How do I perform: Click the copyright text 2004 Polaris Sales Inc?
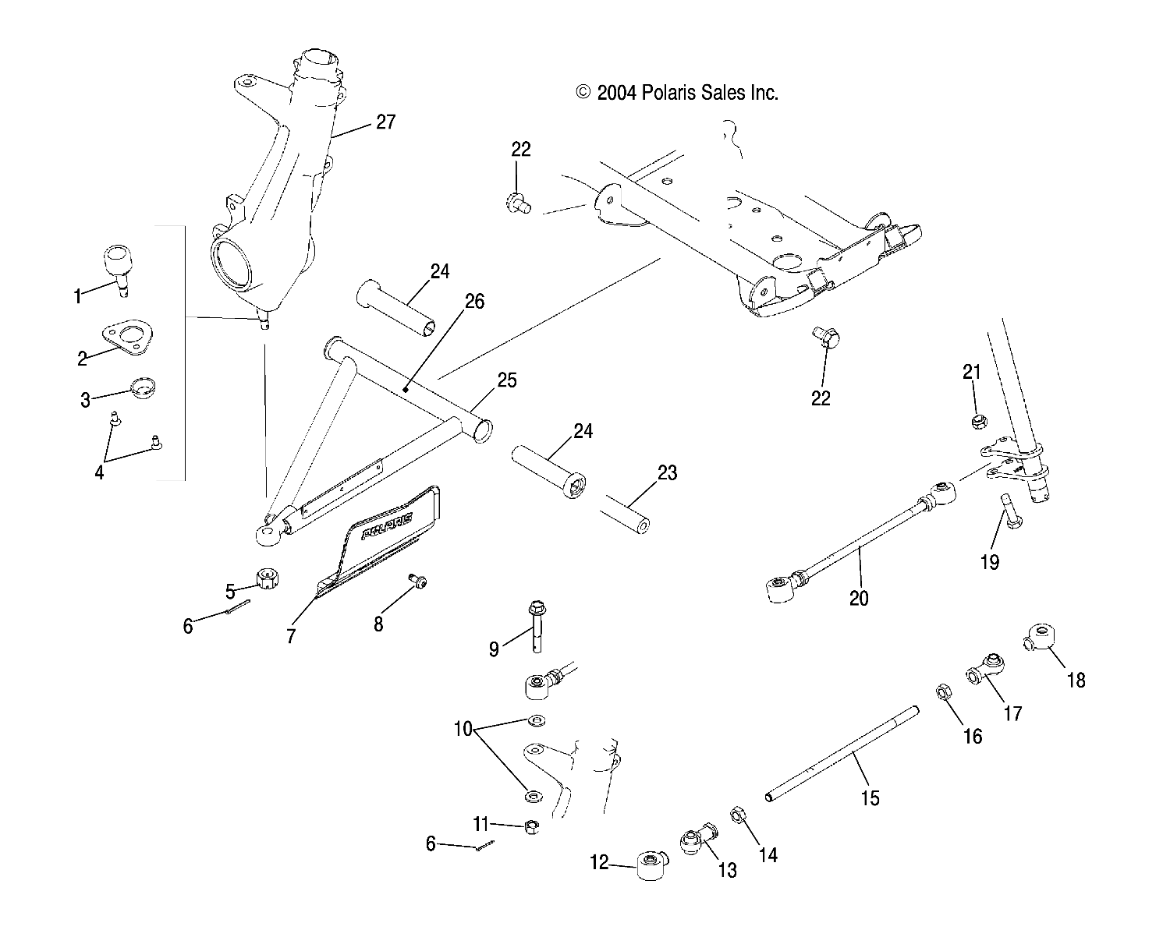tap(677, 94)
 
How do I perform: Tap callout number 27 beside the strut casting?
tap(385, 122)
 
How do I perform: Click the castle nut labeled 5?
tap(268, 579)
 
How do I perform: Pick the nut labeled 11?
tap(530, 826)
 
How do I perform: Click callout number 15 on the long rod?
tap(870, 797)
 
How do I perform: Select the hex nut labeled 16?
tap(942, 691)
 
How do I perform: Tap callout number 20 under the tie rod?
tap(860, 598)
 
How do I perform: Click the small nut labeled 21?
tap(976, 422)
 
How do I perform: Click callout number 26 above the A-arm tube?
tap(474, 300)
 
